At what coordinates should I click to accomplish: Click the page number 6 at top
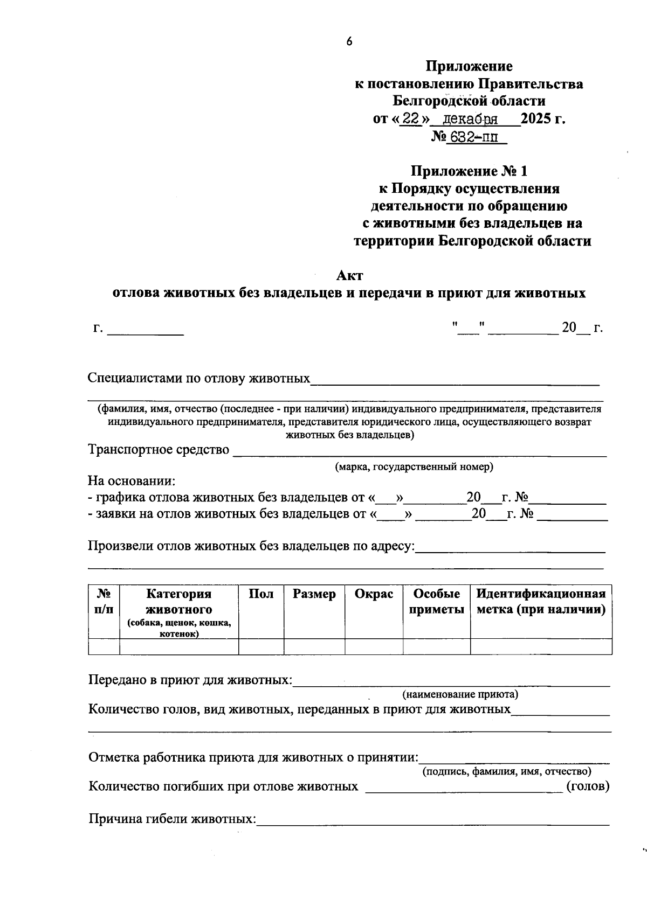(349, 41)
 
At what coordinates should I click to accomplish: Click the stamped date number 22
(410, 118)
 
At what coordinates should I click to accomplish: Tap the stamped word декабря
(473, 119)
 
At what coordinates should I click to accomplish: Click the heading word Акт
(349, 276)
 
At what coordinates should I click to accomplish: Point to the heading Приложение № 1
(469, 171)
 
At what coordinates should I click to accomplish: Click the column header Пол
(261, 594)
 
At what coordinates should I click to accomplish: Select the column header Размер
(314, 594)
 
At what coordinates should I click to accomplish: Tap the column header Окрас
(374, 594)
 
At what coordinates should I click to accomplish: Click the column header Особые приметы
(436, 602)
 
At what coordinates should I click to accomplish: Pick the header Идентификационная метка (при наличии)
(541, 602)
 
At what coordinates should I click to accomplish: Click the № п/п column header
(104, 602)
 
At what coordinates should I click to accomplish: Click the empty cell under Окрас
(374, 646)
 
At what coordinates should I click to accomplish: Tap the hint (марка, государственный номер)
(414, 467)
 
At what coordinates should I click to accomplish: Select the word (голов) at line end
(588, 786)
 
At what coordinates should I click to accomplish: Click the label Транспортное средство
(159, 450)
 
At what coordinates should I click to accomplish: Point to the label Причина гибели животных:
(172, 819)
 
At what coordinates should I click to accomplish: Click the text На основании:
(132, 481)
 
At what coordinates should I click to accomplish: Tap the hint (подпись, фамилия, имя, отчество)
(506, 771)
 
